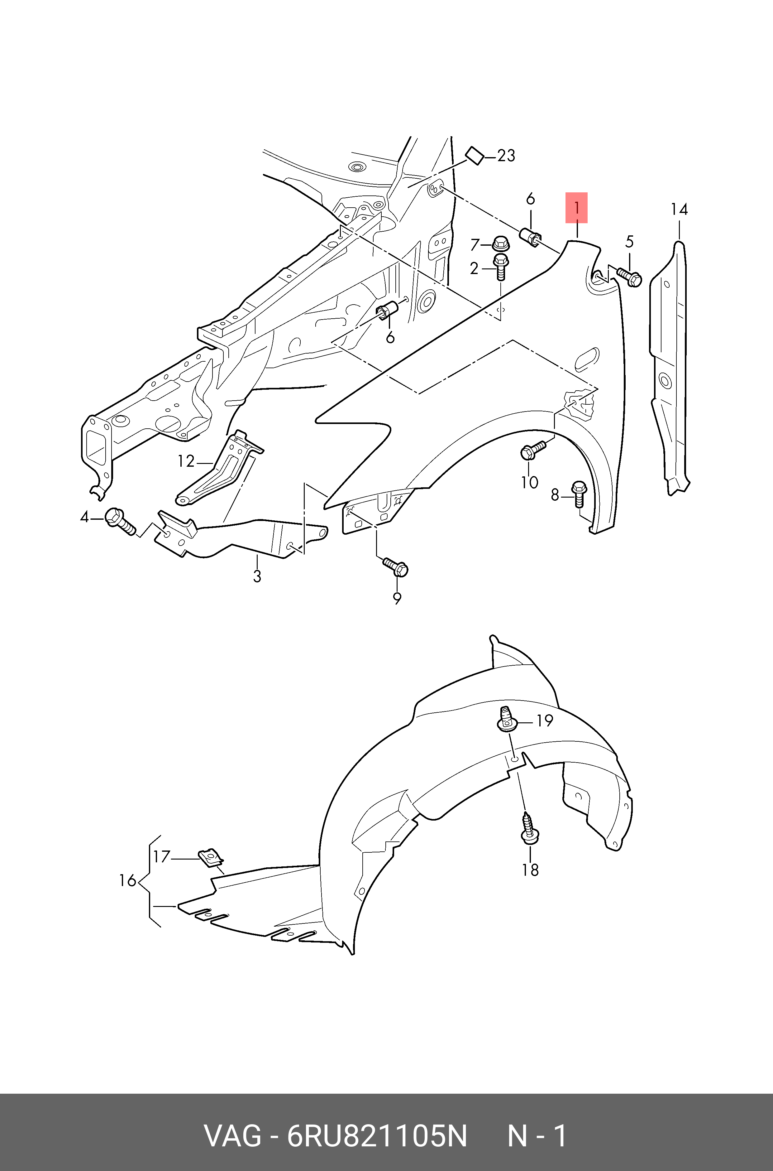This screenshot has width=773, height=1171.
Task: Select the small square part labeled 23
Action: pyautogui.click(x=475, y=156)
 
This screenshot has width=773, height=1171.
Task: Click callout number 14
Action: pyautogui.click(x=679, y=210)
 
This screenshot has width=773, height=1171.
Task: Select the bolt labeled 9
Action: pyautogui.click(x=397, y=567)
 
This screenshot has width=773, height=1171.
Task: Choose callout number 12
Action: pyautogui.click(x=186, y=461)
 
